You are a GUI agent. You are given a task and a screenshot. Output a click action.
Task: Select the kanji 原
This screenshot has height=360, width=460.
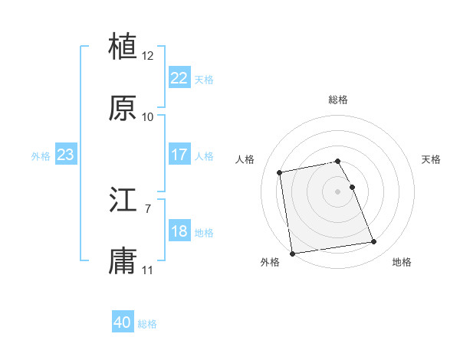pyautogui.click(x=123, y=108)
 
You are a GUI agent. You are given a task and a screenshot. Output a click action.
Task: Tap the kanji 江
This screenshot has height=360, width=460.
pyautogui.click(x=123, y=201)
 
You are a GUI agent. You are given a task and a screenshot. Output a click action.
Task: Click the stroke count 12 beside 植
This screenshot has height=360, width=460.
pyautogui.click(x=148, y=55)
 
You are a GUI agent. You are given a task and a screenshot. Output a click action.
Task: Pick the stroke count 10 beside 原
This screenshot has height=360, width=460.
pyautogui.click(x=148, y=117)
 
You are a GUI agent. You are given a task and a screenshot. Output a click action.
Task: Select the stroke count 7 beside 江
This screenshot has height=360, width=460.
pyautogui.click(x=148, y=208)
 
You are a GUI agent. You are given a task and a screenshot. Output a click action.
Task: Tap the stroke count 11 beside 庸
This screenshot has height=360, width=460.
pyautogui.click(x=148, y=270)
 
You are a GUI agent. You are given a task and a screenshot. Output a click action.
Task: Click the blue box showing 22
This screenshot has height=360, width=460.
pyautogui.click(x=179, y=78)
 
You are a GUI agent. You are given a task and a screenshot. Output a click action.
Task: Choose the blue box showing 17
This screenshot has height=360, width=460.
pyautogui.click(x=179, y=155)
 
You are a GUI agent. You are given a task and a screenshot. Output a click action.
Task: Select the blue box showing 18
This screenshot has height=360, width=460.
pyautogui.click(x=179, y=231)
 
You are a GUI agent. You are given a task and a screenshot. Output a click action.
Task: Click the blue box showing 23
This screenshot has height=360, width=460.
pyautogui.click(x=66, y=155)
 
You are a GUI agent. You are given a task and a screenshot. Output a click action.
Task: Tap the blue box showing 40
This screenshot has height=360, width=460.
pyautogui.click(x=123, y=323)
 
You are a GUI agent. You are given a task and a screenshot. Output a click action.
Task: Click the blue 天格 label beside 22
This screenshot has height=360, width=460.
pyautogui.click(x=204, y=80)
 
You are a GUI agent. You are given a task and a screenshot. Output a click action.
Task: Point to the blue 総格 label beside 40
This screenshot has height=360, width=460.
pyautogui.click(x=147, y=325)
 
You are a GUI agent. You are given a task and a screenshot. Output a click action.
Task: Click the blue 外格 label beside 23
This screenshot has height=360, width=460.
pyautogui.click(x=41, y=156)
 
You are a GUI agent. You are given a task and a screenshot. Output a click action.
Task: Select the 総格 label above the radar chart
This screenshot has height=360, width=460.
pyautogui.click(x=338, y=100)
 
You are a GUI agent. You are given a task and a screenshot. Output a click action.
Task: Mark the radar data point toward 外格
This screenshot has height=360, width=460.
pyautogui.click(x=292, y=253)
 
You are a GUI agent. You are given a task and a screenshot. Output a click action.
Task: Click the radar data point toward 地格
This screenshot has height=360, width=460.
pyautogui.click(x=373, y=242)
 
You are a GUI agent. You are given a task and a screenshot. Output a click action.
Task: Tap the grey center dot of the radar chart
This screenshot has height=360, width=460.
pyautogui.click(x=338, y=191)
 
